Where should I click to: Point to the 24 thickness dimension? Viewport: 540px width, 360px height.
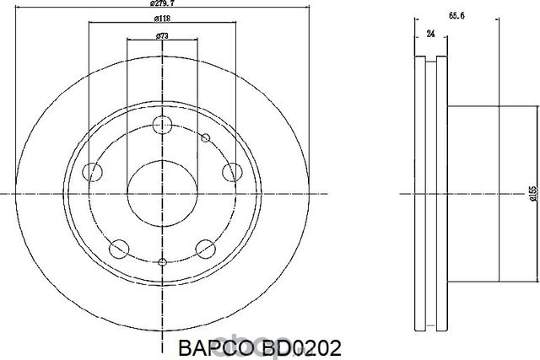coord(431,35)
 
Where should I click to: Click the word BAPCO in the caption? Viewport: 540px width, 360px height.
coord(207,347)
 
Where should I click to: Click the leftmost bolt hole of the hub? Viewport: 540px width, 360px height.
coord(93,172)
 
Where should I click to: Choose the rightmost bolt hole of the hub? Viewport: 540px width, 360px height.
coord(229,172)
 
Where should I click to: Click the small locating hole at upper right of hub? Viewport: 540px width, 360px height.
coord(205,137)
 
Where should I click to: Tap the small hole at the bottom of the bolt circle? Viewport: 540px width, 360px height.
coord(161,264)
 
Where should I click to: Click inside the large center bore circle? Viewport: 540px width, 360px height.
coord(161,193)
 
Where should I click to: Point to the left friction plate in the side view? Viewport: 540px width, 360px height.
coord(420,193)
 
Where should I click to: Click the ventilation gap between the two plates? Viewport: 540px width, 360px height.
coord(431,193)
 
